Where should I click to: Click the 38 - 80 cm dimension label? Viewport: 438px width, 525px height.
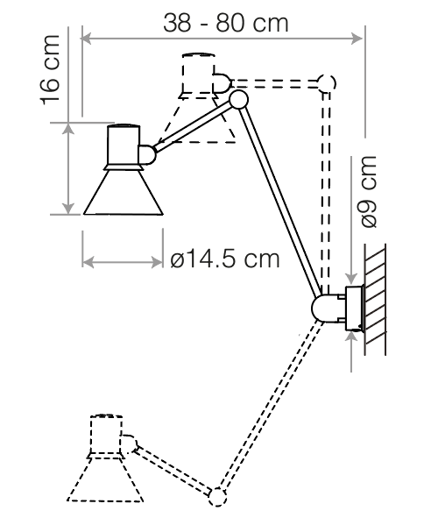pyautogui.click(x=225, y=23)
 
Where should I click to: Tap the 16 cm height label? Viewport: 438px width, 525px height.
pyautogui.click(x=50, y=70)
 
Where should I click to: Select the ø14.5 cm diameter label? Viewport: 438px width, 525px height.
pyautogui.click(x=225, y=259)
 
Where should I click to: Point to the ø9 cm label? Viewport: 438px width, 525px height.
pyautogui.click(x=368, y=192)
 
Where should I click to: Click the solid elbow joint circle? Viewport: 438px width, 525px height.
pyautogui.click(x=238, y=99)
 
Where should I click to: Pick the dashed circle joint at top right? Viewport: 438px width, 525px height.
pyautogui.click(x=326, y=83)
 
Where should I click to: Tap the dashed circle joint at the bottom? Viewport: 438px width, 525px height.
pyautogui.click(x=217, y=497)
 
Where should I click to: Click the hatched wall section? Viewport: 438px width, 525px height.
pyautogui.click(x=375, y=300)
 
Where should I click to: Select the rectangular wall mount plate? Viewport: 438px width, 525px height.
pyautogui.click(x=355, y=309)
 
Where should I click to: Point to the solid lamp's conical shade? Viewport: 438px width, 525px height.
pyautogui.click(x=124, y=192)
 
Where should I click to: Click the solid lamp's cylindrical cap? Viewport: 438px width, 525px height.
pyautogui.click(x=124, y=145)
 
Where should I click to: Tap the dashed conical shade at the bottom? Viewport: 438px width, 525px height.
pyautogui.click(x=106, y=479)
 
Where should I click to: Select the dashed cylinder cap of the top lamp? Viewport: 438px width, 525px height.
pyautogui.click(x=198, y=73)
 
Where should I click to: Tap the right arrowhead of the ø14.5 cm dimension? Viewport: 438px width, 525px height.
pyautogui.click(x=158, y=262)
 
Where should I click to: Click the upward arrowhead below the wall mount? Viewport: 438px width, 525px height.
pyautogui.click(x=351, y=337)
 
